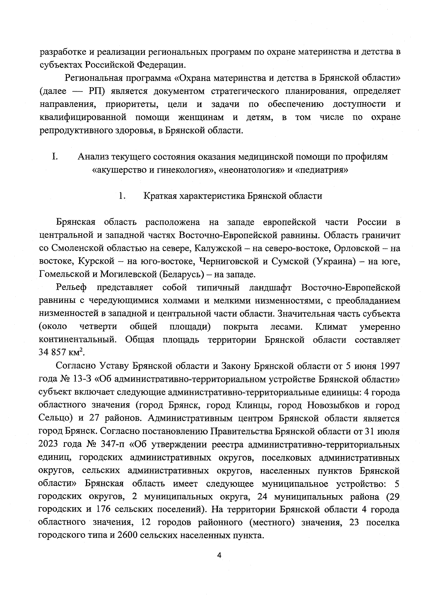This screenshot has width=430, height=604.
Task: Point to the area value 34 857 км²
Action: click(61, 352)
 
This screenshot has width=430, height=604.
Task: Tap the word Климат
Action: click(331, 327)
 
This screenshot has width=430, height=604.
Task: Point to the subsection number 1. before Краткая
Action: click(122, 196)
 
